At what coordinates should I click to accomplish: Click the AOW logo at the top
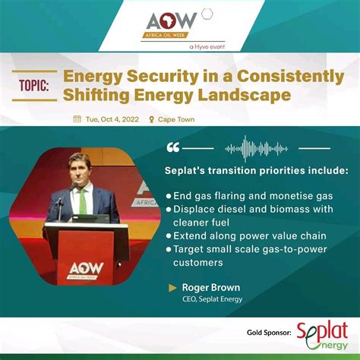[x=172, y=25]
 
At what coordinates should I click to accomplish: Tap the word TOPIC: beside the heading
[x=34, y=85]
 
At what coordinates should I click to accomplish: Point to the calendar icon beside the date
[x=77, y=118]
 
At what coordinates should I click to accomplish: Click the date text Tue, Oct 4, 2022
[x=112, y=119]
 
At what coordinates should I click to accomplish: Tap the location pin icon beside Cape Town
[x=151, y=119]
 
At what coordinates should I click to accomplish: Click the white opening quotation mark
[x=173, y=147]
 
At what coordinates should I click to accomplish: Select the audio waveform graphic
[x=256, y=149]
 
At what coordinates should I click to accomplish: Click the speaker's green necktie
[x=83, y=202]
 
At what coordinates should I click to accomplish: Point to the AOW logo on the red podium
[x=86, y=270]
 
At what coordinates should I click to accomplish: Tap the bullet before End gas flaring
[x=169, y=196]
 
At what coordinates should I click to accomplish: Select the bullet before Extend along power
[x=169, y=236]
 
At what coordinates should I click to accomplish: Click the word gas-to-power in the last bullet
[x=295, y=250]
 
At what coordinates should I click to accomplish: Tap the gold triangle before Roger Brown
[x=172, y=288]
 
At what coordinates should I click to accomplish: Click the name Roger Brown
[x=211, y=288]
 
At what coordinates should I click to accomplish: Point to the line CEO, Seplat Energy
[x=213, y=299]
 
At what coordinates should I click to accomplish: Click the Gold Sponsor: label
[x=269, y=333]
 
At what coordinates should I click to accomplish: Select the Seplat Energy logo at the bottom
[x=322, y=336]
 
